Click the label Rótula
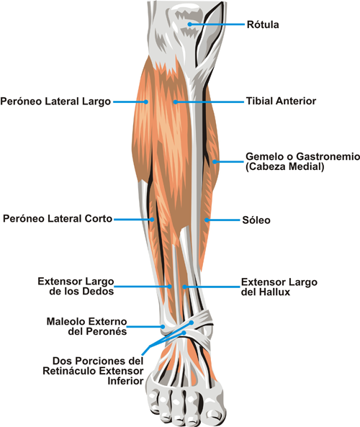[x=263, y=24]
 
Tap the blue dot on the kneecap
[x=190, y=24]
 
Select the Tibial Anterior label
[x=281, y=101]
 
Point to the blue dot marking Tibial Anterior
[x=176, y=102]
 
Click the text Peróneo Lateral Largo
[x=55, y=102]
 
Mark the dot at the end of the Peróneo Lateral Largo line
[x=146, y=102]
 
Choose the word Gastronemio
[x=328, y=156]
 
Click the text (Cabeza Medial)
[x=285, y=166]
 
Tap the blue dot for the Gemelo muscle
[x=215, y=162]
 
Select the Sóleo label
[x=256, y=220]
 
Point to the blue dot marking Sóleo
[x=207, y=220]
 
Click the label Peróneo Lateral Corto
[x=58, y=219]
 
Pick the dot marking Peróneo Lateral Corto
[x=152, y=219]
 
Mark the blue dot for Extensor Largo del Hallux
[x=184, y=287]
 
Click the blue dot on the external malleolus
[x=163, y=326]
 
